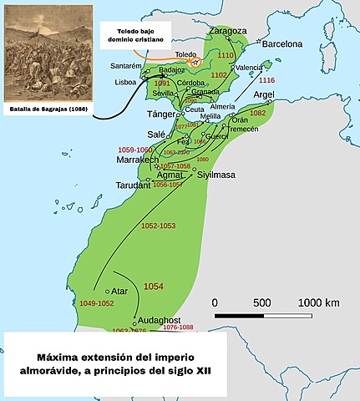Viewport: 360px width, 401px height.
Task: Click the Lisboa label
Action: [x=124, y=83]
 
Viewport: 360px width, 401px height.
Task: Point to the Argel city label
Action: [x=264, y=95]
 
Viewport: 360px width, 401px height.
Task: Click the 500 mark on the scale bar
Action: [x=261, y=302]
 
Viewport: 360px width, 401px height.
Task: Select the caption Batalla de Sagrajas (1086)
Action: [x=44, y=108]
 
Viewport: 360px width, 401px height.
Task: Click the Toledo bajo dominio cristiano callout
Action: [x=131, y=34]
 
